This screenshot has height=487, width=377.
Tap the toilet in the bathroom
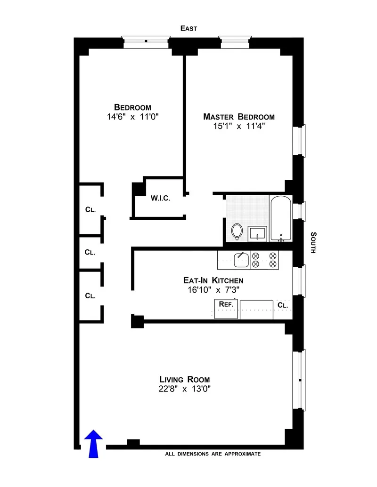tap(237, 231)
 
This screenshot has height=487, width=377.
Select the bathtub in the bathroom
tap(280, 218)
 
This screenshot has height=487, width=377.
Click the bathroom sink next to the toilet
tap(258, 233)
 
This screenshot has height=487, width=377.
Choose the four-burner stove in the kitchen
tap(264, 260)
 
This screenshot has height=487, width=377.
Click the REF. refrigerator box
tap(226, 310)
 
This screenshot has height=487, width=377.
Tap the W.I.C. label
tap(160, 198)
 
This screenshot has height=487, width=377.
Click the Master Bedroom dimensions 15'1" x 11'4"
tap(238, 126)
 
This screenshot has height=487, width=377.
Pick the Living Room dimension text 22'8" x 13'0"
tap(184, 389)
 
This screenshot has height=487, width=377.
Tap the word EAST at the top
tap(188, 28)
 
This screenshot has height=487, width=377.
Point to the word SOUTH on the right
tap(313, 243)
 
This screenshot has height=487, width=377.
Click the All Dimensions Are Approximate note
tap(213, 454)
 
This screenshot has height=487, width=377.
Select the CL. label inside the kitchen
tap(283, 305)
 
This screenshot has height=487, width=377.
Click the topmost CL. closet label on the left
tap(90, 210)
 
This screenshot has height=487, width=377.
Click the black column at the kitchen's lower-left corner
tap(137, 321)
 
